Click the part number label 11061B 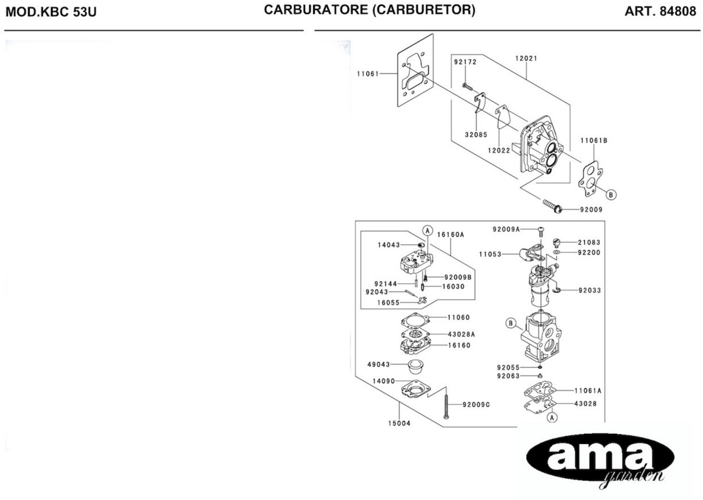click(x=593, y=141)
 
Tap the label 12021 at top click(x=526, y=58)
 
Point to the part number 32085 click(x=476, y=135)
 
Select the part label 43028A click(x=461, y=334)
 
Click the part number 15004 click(x=399, y=423)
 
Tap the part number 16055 click(x=388, y=303)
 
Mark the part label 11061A click(x=588, y=391)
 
